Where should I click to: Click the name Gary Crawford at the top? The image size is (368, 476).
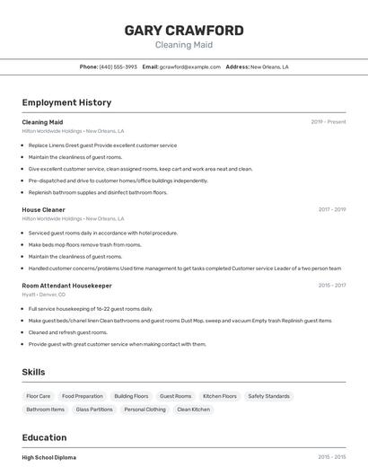pos(184,30)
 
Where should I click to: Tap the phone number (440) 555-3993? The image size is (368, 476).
pos(118,66)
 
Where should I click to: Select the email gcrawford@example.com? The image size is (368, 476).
pos(189,66)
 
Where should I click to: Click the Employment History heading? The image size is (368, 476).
pos(66,102)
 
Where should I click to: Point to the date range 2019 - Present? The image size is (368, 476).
pos(329,122)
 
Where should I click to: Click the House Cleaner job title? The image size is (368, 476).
pos(43,210)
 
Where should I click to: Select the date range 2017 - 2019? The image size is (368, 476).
pos(332,210)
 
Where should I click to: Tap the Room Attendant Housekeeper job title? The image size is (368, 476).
pos(66,286)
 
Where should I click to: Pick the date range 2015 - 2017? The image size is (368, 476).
pos(332,286)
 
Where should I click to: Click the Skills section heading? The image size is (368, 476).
pos(33,372)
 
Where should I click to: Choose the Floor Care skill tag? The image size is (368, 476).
pos(39,396)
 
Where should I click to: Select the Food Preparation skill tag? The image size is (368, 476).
pos(83,396)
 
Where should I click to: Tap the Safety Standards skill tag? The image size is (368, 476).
pos(268,396)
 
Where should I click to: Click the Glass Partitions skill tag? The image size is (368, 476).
pos(94,410)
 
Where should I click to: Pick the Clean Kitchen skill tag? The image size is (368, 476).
pos(193,410)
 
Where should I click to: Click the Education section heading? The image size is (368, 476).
pos(46,437)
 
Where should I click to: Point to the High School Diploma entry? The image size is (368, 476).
pos(49,457)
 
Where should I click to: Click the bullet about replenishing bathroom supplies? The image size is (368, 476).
pos(98,192)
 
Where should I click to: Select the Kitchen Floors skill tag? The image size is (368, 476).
pos(220,396)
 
